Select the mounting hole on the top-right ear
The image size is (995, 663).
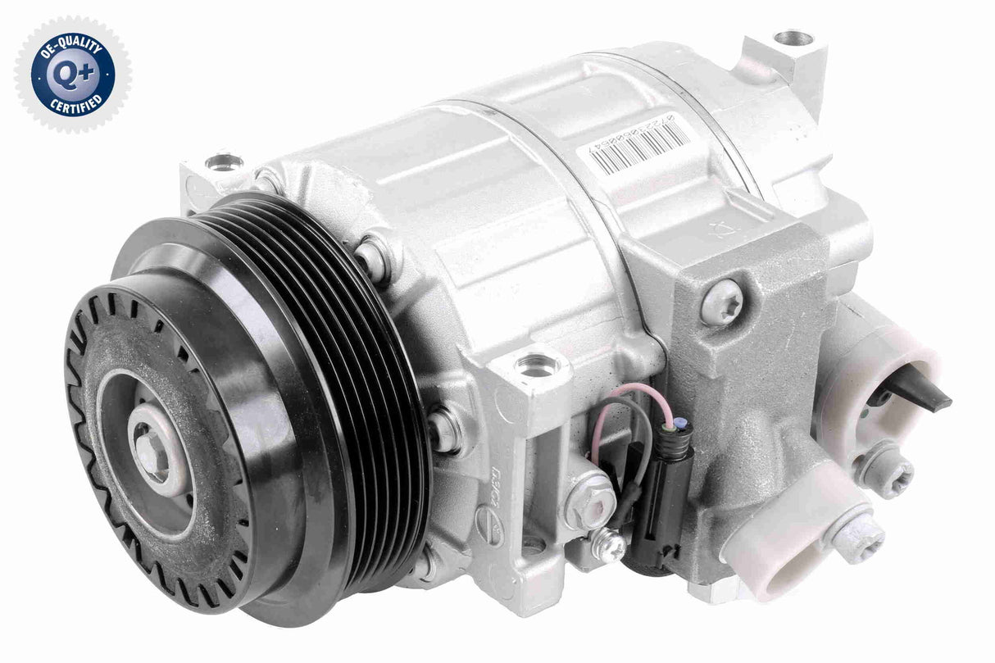click(x=792, y=38)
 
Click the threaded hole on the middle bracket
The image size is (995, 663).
click(x=537, y=363)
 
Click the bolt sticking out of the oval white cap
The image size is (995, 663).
click(x=856, y=537)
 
